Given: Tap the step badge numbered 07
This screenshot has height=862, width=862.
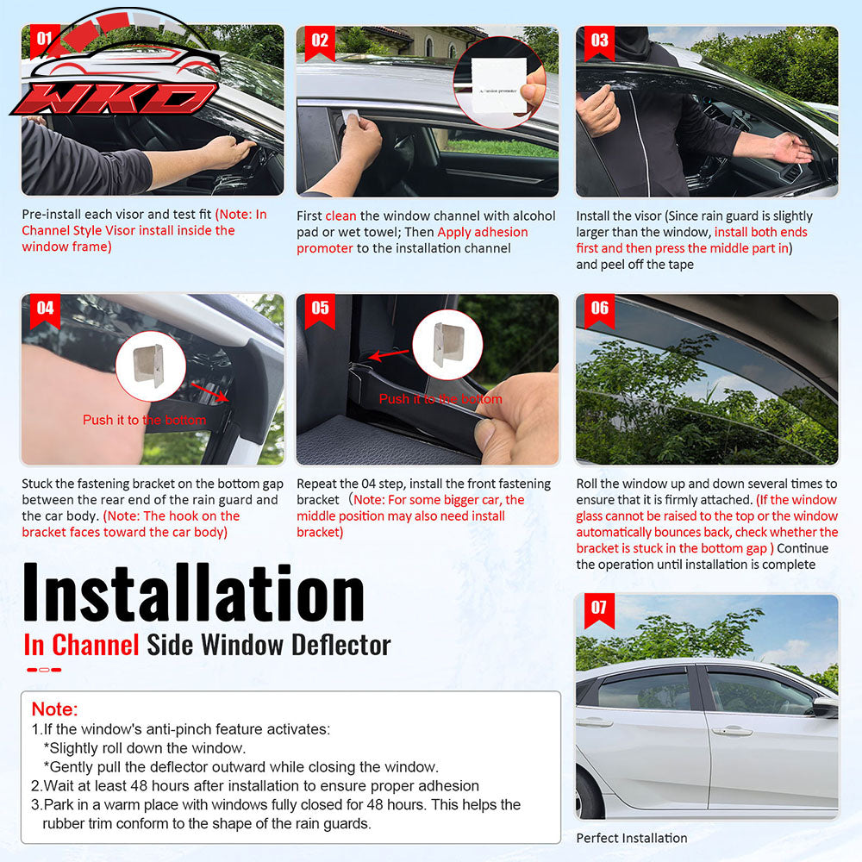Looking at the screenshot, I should pos(599,609).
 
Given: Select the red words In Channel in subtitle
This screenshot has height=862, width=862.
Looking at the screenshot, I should pos(81,644).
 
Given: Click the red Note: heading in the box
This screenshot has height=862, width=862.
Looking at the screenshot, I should pos(54,709).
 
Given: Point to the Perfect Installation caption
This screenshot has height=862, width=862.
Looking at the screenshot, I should pos(632,838).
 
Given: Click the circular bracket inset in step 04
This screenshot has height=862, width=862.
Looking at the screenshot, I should pos(151,365).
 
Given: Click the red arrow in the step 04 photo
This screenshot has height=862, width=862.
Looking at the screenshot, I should pos(210,392).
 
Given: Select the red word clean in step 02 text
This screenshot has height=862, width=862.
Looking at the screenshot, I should pos(340,216).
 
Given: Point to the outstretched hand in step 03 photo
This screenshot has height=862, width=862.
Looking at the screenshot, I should pos(791,147).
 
